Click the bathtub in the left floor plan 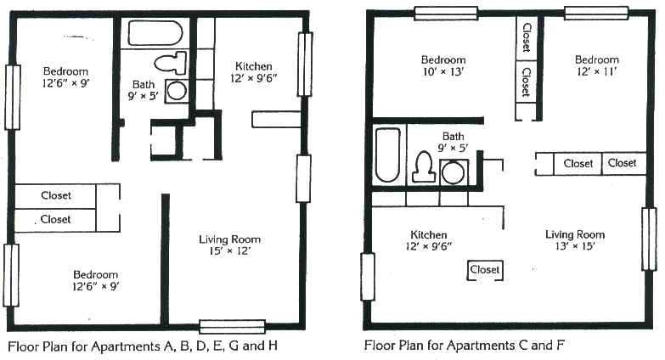155,33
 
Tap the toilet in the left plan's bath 171,63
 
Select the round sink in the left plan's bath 176,91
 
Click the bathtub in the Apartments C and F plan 387,155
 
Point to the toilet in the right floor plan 424,166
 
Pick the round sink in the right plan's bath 454,172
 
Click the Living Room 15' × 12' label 230,245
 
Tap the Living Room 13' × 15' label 575,240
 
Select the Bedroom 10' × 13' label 443,65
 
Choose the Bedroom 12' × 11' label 597,65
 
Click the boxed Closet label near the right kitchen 485,269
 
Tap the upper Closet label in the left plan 56,195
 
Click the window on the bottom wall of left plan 233,327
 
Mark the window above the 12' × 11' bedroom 596,13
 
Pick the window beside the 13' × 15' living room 649,239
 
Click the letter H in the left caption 273,346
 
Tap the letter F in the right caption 561,345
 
